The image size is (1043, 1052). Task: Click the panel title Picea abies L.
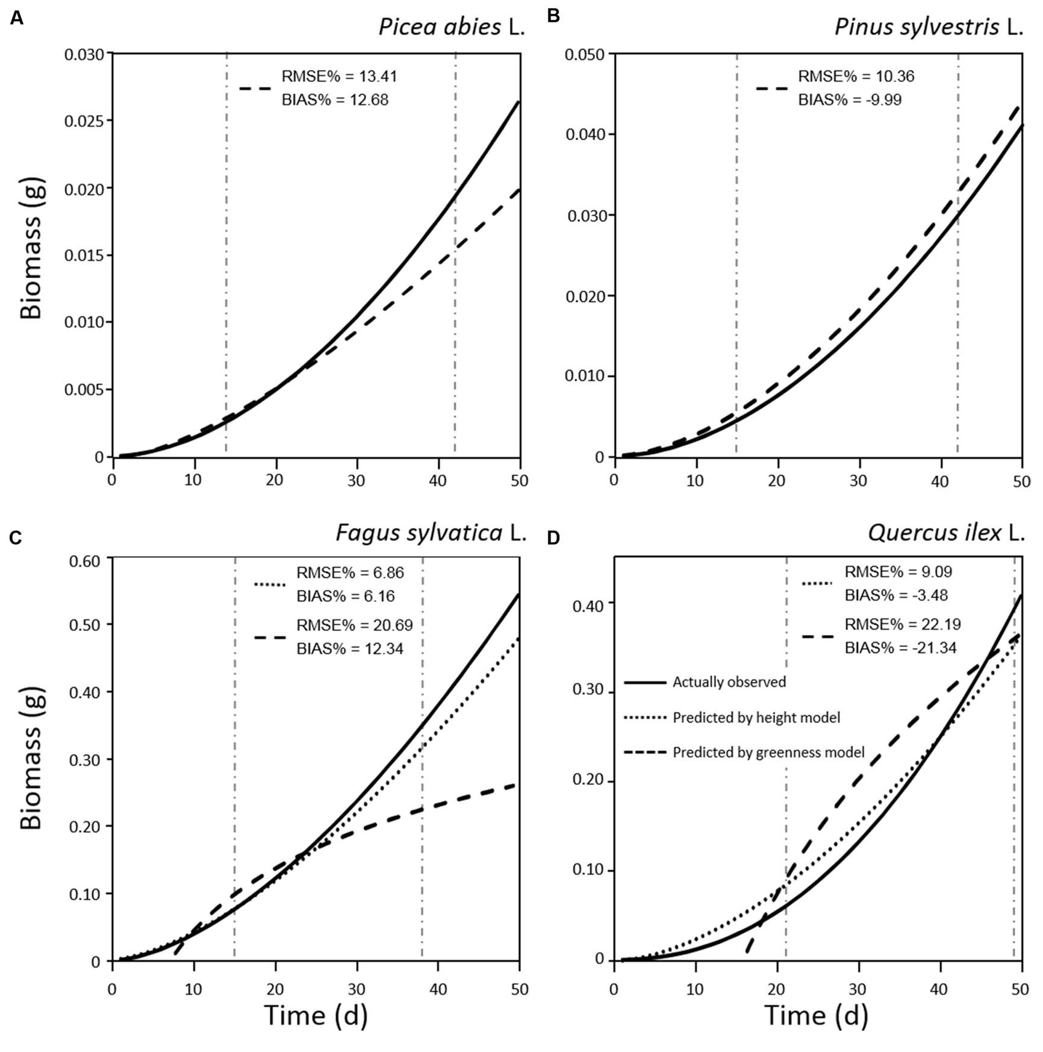pyautogui.click(x=451, y=27)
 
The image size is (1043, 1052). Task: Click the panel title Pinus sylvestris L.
pyautogui.click(x=928, y=27)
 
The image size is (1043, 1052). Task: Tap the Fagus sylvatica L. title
pyautogui.click(x=431, y=533)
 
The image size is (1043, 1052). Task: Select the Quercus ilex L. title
pyautogui.click(x=945, y=533)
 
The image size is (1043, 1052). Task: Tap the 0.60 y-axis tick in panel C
pyautogui.click(x=88, y=560)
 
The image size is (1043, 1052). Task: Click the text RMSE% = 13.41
pyautogui.click(x=339, y=77)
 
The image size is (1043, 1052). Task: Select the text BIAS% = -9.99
pyautogui.click(x=850, y=100)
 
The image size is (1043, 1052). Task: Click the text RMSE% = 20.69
pyautogui.click(x=354, y=625)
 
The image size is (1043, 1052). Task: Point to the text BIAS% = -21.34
pyautogui.click(x=900, y=648)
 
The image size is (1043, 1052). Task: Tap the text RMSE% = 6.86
pyautogui.click(x=350, y=572)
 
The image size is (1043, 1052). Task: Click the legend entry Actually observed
pyautogui.click(x=729, y=682)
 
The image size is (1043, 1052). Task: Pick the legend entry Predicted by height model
pyautogui.click(x=756, y=718)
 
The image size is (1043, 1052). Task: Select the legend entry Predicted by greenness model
pyautogui.click(x=768, y=753)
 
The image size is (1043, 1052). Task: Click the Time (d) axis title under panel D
pyautogui.click(x=816, y=1016)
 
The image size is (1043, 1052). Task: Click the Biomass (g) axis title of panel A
pyautogui.click(x=31, y=248)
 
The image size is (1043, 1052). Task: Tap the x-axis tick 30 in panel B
pyautogui.click(x=858, y=481)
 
